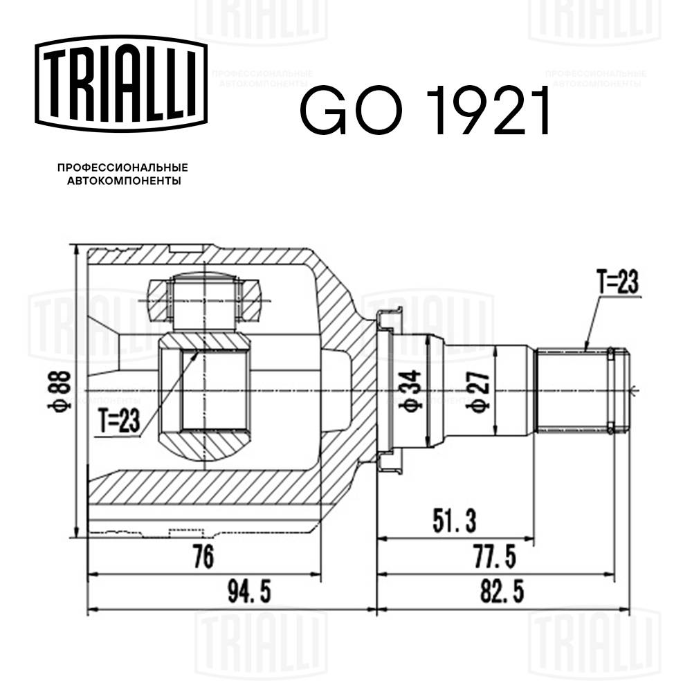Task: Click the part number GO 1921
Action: coord(424,110)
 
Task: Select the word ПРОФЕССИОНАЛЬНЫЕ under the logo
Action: coord(122,168)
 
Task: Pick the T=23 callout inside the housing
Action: coord(118,419)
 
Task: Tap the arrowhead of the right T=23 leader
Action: coord(585,350)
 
